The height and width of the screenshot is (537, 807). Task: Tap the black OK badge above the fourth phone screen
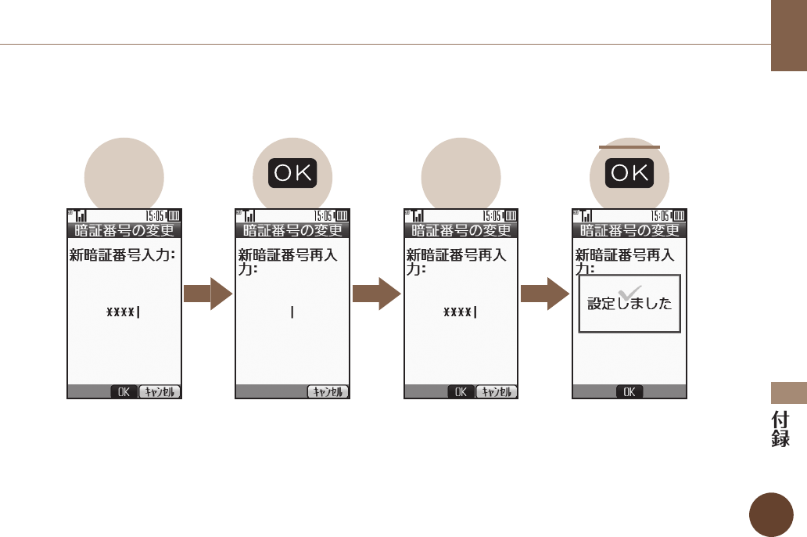[x=630, y=173]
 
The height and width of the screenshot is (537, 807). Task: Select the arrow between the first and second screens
[x=208, y=294]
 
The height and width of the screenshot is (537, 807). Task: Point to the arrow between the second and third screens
[x=377, y=294]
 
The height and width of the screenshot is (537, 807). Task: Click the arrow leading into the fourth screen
[x=545, y=294]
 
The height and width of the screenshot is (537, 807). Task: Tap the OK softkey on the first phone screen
[x=123, y=392]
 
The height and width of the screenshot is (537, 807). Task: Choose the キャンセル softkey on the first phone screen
[x=160, y=392]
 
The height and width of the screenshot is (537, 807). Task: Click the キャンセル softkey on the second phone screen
[x=328, y=392]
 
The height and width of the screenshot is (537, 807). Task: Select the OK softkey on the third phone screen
[x=461, y=392]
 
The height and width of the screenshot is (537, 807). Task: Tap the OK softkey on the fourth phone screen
[x=629, y=392]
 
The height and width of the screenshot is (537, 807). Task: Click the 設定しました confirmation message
[x=629, y=305]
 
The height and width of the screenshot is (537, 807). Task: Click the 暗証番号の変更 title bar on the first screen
[x=124, y=230]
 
